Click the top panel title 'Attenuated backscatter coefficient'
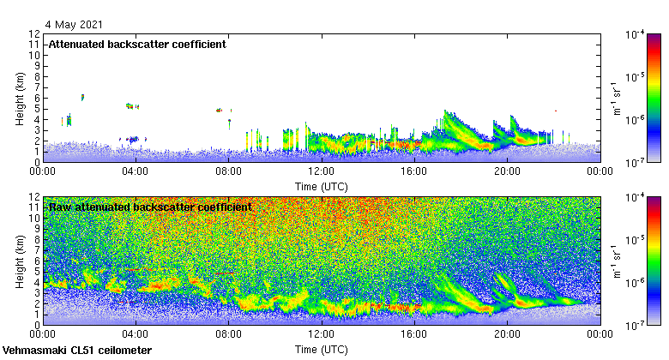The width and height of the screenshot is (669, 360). coord(137,45)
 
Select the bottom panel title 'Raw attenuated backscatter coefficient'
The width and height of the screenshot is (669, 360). coord(150,207)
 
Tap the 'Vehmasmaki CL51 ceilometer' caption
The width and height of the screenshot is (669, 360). coord(77,351)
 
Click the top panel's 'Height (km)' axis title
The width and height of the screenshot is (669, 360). coord(21,98)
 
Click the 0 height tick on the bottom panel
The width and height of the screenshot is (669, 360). coord(38,325)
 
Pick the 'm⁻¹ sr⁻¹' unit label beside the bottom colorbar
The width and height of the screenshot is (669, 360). coord(616,261)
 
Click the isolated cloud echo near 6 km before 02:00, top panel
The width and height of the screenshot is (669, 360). coord(82,97)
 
